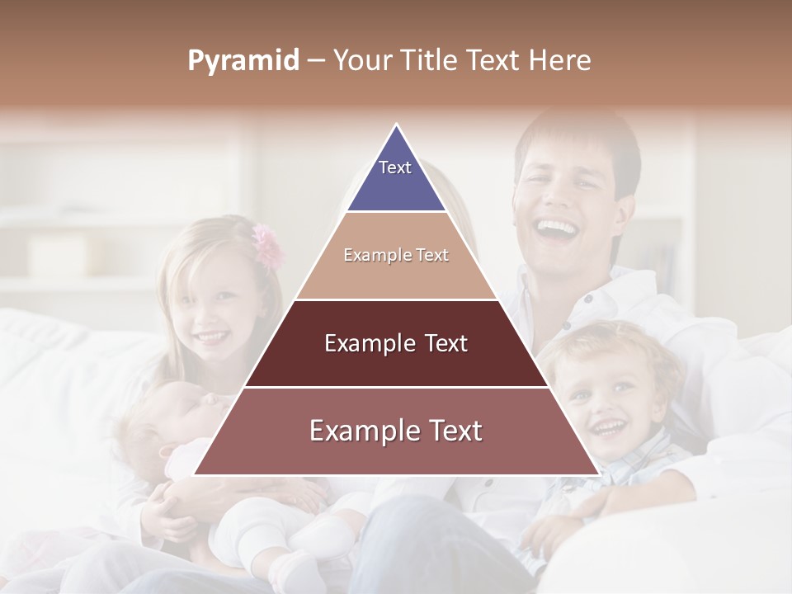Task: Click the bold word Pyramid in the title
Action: point(243,61)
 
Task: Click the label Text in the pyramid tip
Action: point(395,167)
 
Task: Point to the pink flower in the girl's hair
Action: point(268,245)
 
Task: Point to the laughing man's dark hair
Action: point(577,136)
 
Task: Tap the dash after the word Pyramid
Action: point(316,61)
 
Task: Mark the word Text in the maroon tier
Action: point(442,344)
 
